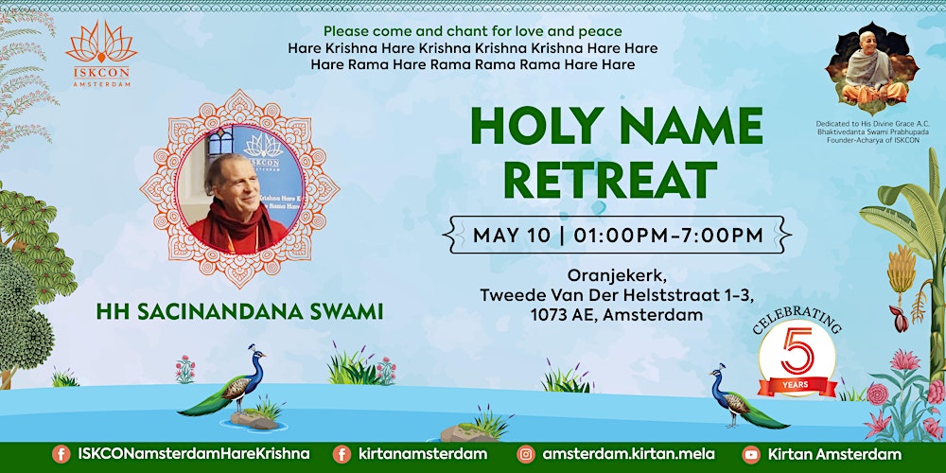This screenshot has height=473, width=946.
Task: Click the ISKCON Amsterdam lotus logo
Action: (x=101, y=47)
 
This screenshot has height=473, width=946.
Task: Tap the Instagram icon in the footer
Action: (x=526, y=455)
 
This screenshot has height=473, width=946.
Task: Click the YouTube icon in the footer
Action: (x=751, y=455)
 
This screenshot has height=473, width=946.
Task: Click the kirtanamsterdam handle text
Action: (x=423, y=454)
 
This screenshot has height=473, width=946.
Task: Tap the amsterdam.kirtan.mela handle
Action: (x=627, y=454)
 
